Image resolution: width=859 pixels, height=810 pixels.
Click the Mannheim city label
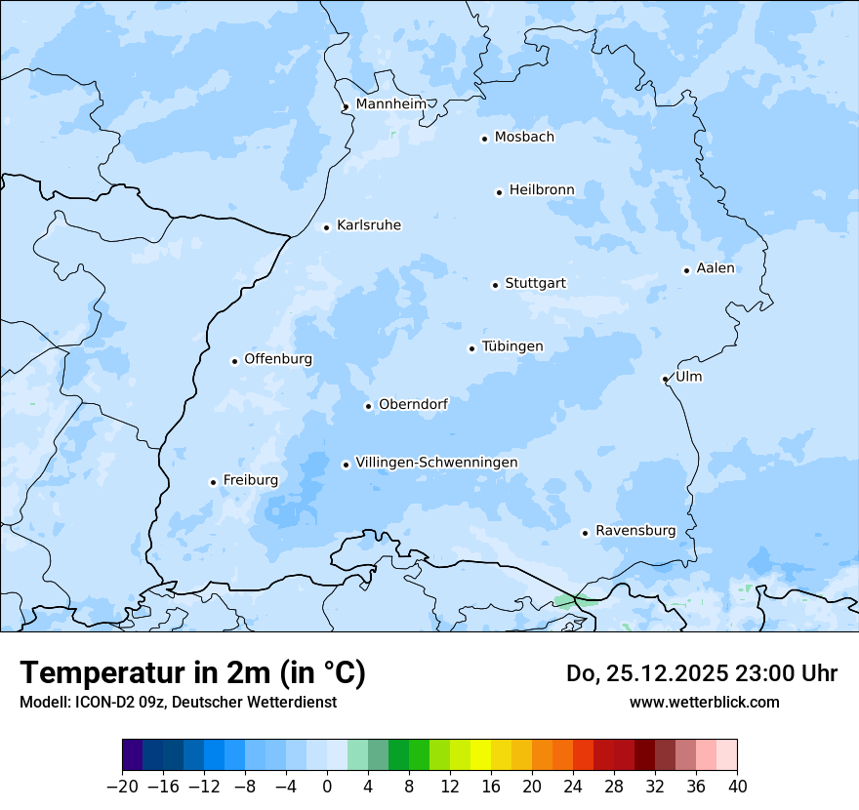tap(390, 104)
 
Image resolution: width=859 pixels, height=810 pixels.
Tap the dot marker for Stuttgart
tap(495, 285)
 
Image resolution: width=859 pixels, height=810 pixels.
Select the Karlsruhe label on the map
tap(368, 225)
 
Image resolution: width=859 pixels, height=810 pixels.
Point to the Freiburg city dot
tap(213, 482)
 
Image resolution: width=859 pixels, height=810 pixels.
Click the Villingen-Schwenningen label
tap(436, 463)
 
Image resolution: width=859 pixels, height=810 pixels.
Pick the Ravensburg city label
tap(634, 531)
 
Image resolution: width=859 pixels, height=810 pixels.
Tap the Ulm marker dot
tap(665, 379)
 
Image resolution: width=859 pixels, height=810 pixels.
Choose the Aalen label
tap(716, 268)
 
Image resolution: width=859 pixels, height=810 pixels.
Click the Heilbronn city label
tap(542, 190)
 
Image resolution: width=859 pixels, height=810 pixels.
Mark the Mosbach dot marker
tap(484, 139)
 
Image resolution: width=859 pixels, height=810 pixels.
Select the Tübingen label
tap(512, 346)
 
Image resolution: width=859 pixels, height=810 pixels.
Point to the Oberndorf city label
tap(413, 404)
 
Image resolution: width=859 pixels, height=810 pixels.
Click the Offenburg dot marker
tap(234, 361)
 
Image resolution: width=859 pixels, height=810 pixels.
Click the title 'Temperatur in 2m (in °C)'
tap(192, 672)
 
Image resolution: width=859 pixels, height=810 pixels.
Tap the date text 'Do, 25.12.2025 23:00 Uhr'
tap(701, 673)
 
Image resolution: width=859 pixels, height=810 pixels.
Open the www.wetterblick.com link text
tap(704, 702)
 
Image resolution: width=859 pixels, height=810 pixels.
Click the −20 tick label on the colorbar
tap(123, 787)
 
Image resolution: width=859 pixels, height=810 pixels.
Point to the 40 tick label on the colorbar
tap(737, 787)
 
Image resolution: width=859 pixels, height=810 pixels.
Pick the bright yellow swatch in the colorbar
tap(480, 755)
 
